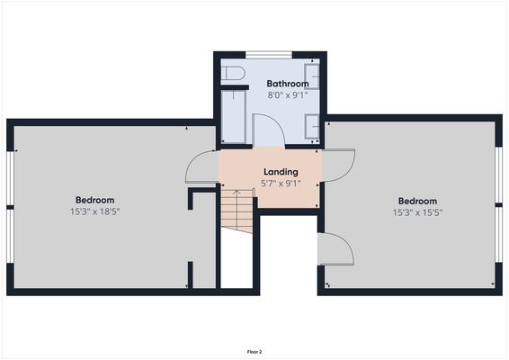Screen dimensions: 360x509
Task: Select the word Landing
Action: click(x=281, y=172)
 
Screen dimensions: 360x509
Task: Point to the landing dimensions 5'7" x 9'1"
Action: click(x=281, y=183)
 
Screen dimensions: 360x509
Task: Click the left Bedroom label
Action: click(x=94, y=200)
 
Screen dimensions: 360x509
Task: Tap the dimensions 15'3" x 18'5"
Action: click(x=94, y=211)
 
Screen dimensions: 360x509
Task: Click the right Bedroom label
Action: click(x=417, y=201)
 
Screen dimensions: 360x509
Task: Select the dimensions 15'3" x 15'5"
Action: click(x=417, y=212)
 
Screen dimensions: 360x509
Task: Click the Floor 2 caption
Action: click(x=254, y=351)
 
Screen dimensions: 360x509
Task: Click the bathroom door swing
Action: click(x=269, y=130)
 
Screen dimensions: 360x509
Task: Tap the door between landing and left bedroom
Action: click(x=202, y=168)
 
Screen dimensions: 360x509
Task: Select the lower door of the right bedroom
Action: click(x=335, y=248)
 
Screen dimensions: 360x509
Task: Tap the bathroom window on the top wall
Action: click(x=269, y=55)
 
